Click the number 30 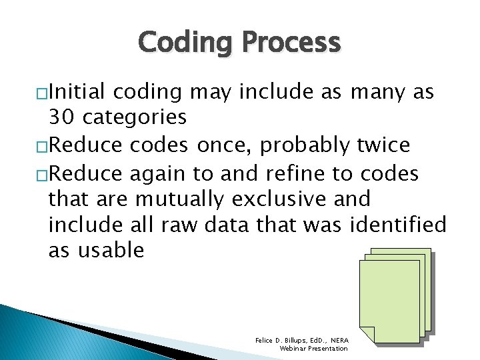click(62, 117)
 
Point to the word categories click(135, 117)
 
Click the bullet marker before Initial click(43, 93)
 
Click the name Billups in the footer click(296, 340)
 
